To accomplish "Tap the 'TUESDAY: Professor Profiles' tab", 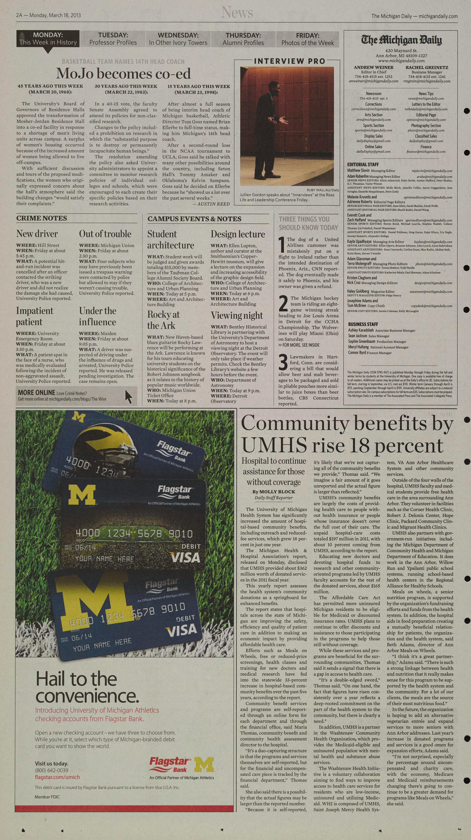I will coord(113,39).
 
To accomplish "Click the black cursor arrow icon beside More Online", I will coord(129,397).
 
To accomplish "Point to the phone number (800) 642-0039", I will coord(52,770).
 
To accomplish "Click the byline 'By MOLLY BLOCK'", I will coord(273,491).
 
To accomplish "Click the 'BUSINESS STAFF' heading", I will coord(363,324).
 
